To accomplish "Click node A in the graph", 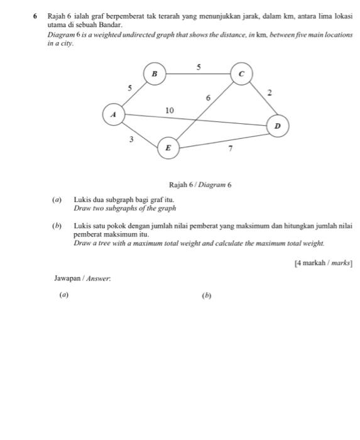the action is click(114, 115).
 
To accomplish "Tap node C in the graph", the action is click(241, 74).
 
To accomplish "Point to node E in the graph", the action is click(167, 148).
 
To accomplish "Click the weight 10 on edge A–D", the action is click(169, 110).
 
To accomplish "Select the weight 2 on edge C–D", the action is click(270, 92).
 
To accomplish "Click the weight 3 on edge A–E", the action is click(131, 139).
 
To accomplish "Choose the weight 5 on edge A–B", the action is click(130, 89).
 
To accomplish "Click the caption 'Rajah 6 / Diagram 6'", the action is click(200, 185).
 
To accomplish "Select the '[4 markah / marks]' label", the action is click(324, 264).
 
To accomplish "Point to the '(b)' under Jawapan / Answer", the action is click(207, 295).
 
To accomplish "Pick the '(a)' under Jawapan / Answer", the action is click(63, 294).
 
